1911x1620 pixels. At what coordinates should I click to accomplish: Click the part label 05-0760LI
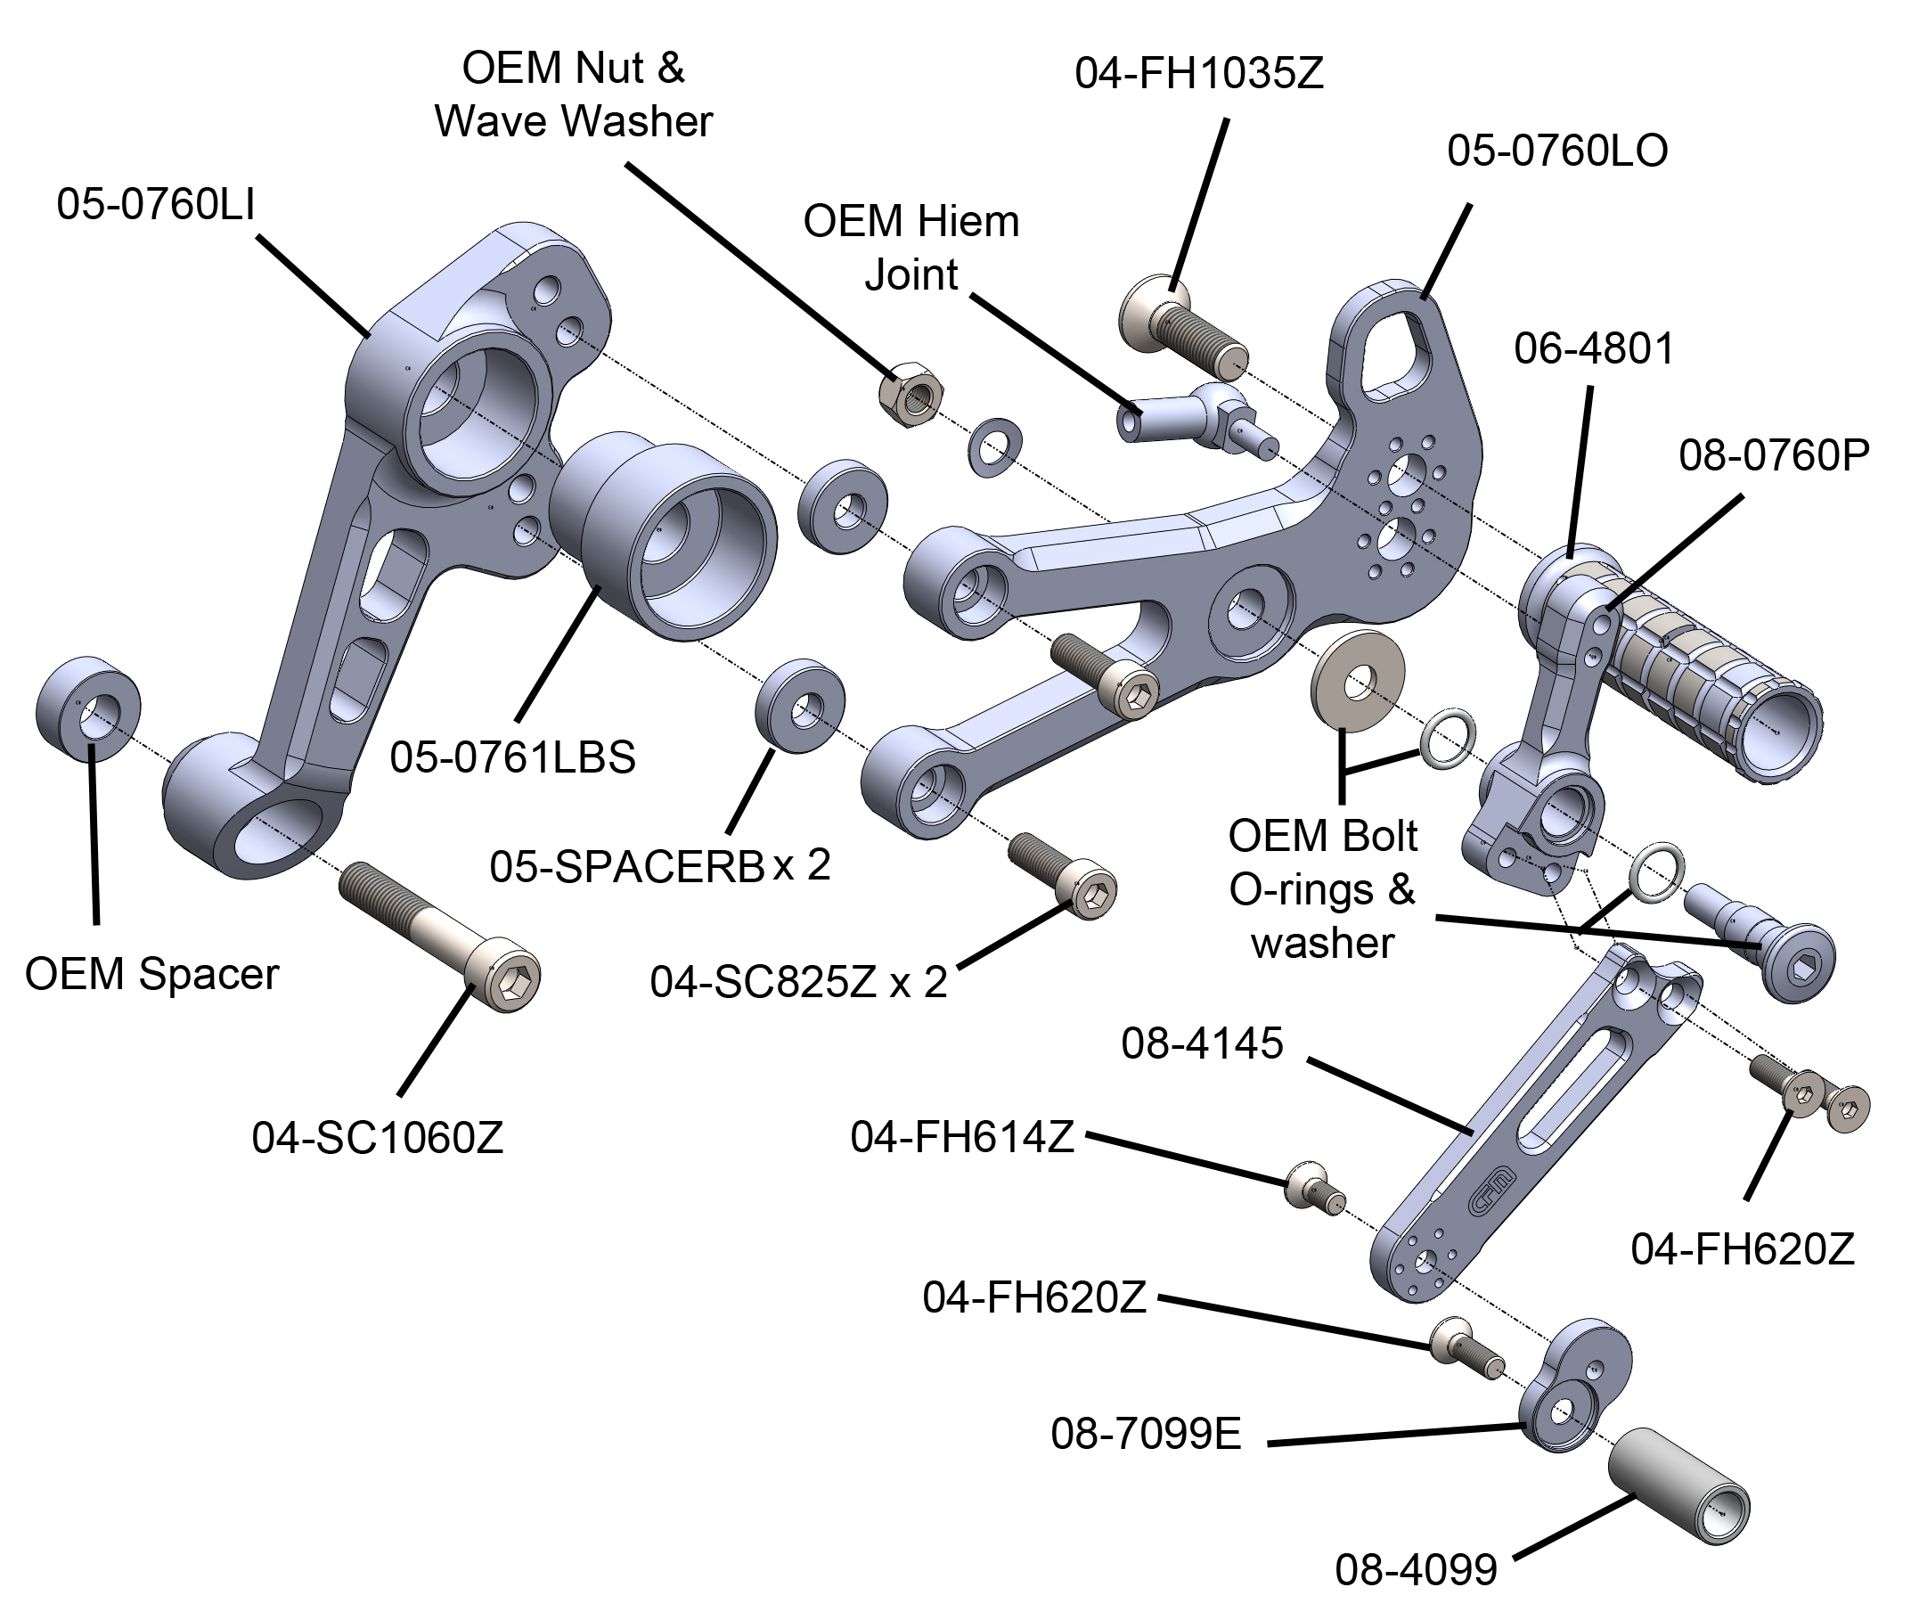pos(155,204)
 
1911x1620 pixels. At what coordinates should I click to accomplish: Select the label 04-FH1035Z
pos(1198,73)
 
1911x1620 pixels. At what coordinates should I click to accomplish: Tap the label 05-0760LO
pos(1556,151)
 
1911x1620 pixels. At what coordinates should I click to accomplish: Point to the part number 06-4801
pos(1594,350)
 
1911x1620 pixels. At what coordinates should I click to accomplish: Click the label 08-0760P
pos(1773,456)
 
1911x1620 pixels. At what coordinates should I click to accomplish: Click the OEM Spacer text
pos(151,974)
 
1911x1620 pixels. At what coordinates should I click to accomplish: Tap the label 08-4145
pos(1201,1044)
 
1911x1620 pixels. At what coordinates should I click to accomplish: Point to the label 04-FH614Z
pos(961,1137)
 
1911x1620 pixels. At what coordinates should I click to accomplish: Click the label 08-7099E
pos(1145,1434)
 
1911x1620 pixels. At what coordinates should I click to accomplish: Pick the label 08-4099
pos(1415,1569)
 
